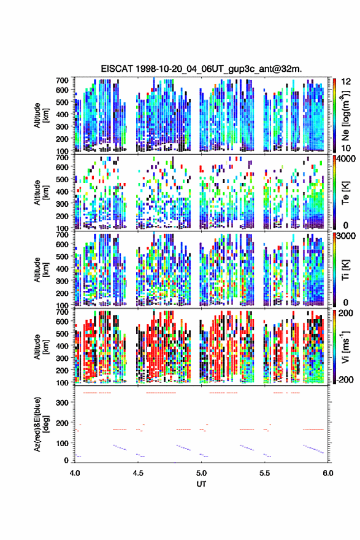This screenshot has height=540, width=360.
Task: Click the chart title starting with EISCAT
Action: pos(201,69)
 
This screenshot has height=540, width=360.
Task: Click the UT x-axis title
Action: pos(201,484)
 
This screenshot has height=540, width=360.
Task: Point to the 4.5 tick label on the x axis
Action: pos(138,473)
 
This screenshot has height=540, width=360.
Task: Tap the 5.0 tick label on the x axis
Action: pos(201,473)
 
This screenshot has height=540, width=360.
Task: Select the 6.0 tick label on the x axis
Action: pos(328,473)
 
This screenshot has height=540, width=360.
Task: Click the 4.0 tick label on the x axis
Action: pos(75,473)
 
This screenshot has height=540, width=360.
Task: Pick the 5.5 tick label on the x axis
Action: pos(265,473)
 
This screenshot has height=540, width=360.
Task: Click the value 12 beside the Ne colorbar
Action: pos(347,82)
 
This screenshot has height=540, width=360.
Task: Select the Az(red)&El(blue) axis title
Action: pos(40,424)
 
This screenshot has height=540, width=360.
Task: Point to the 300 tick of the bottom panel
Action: pos(63,403)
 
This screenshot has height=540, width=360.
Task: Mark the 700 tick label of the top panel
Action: pos(62,80)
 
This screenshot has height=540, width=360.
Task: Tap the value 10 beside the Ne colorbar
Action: pos(347,148)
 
